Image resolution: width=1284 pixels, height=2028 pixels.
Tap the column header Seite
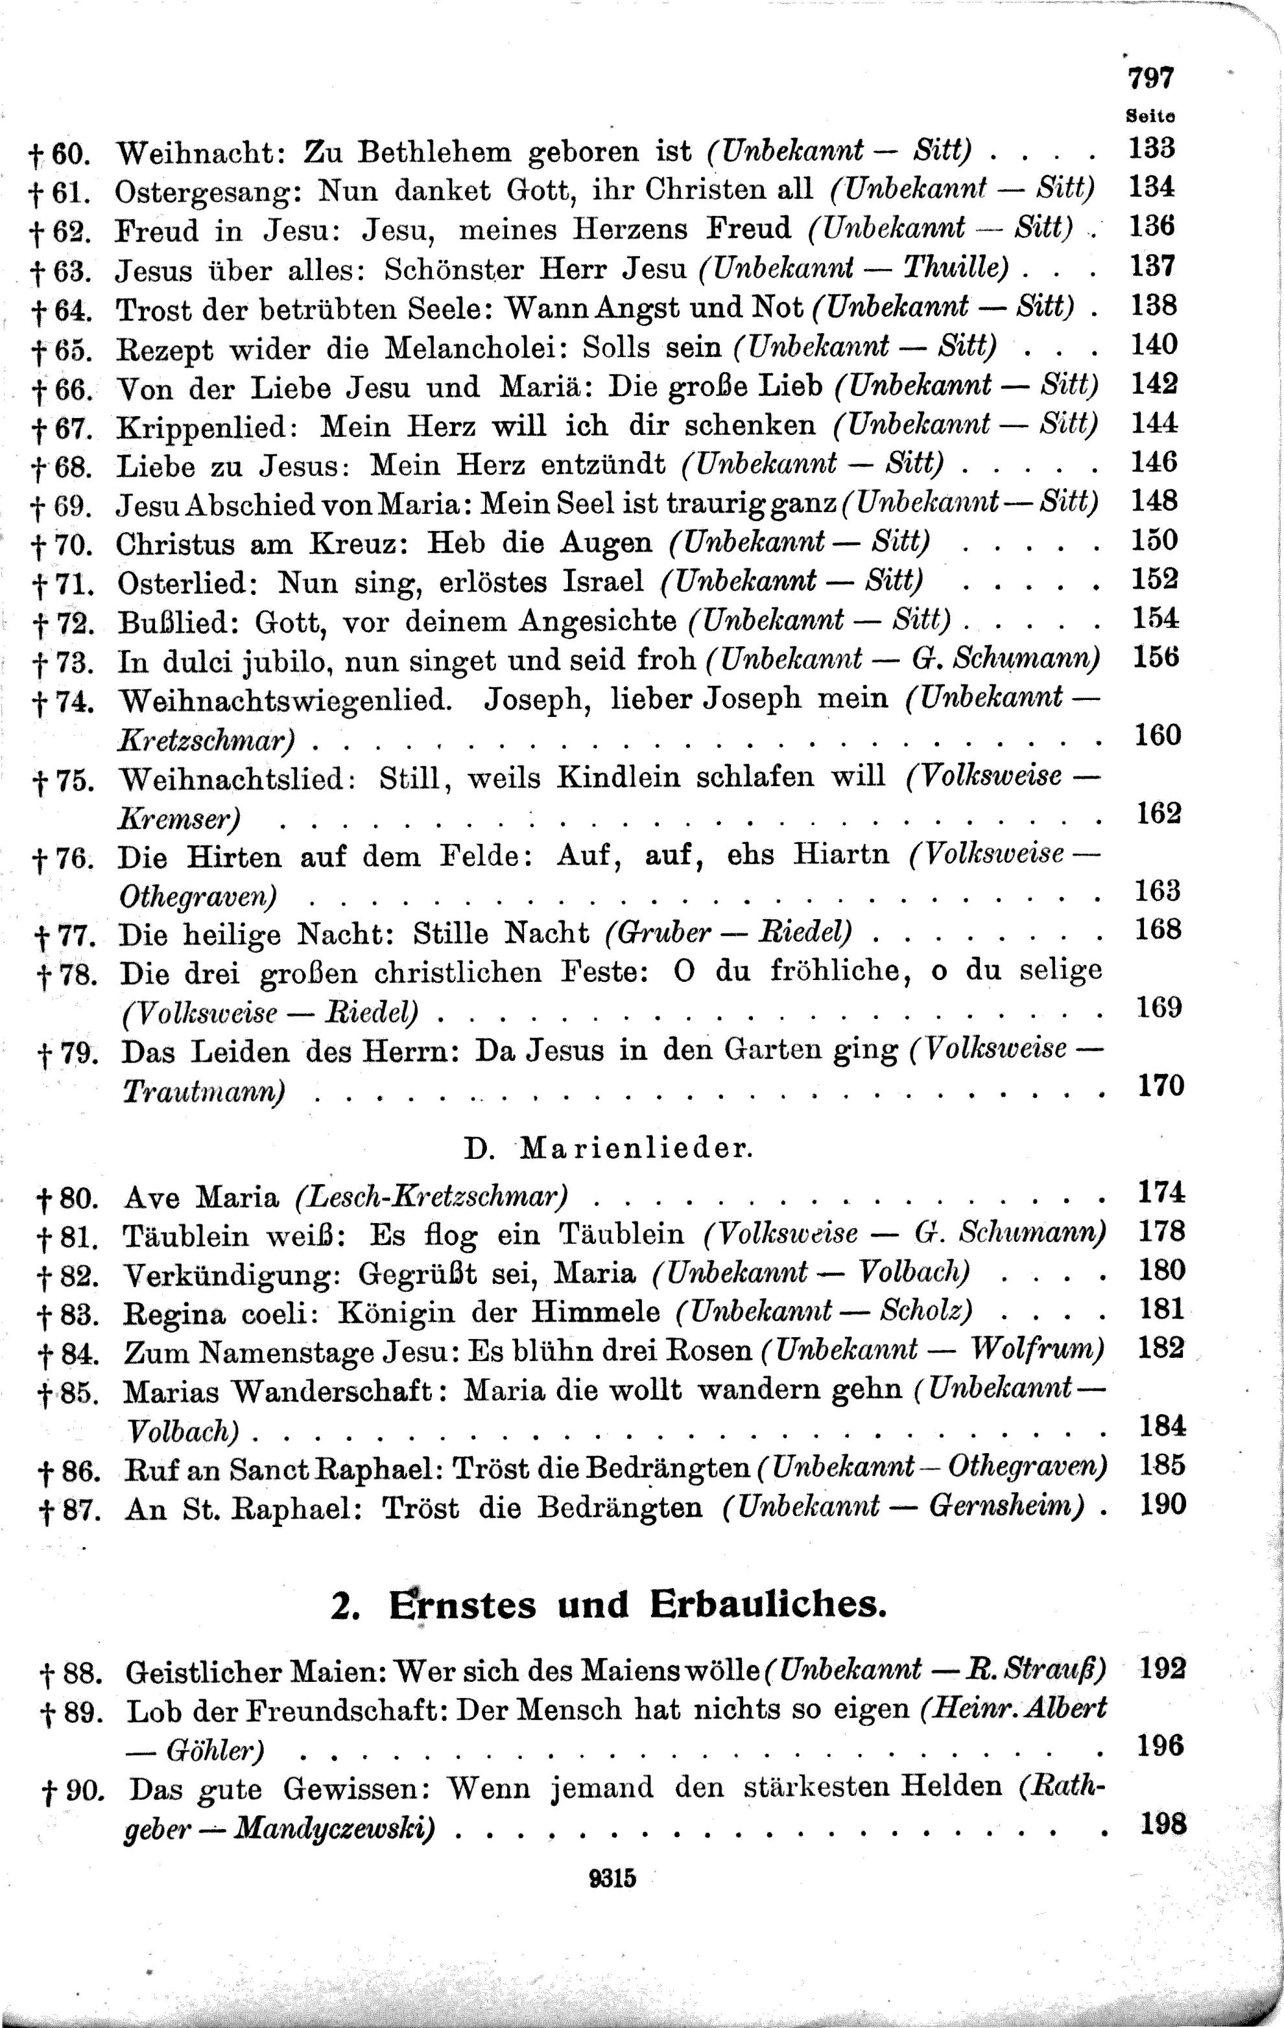tap(1150, 115)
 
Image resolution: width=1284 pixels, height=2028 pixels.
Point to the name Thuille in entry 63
tap(955, 269)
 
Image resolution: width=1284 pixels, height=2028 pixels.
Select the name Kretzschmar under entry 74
tap(206, 740)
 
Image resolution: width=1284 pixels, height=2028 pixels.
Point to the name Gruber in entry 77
tap(660, 934)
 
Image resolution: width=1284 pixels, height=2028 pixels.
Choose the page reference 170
tap(1161, 1086)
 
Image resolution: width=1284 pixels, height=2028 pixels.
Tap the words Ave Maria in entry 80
tap(200, 1196)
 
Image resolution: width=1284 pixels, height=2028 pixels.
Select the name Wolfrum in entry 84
tap(1036, 1350)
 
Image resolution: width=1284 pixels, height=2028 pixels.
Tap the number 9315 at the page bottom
tap(613, 1879)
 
